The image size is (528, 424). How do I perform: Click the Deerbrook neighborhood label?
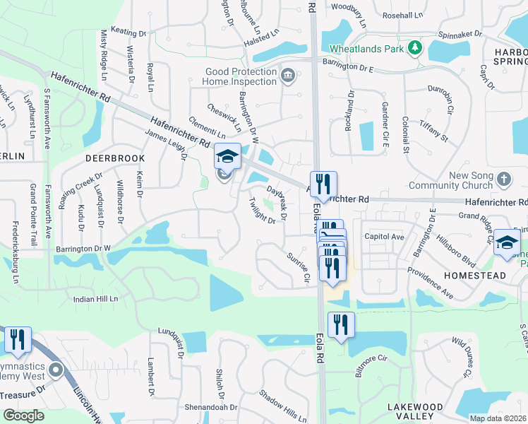point(115,158)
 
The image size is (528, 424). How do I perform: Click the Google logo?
point(23,416)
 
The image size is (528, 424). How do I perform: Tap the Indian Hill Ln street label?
point(95,300)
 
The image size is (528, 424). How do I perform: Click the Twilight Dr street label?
point(261,211)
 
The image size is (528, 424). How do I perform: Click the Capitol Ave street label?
point(384,237)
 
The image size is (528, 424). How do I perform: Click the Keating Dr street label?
point(128,33)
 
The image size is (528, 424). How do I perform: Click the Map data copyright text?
point(498,418)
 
